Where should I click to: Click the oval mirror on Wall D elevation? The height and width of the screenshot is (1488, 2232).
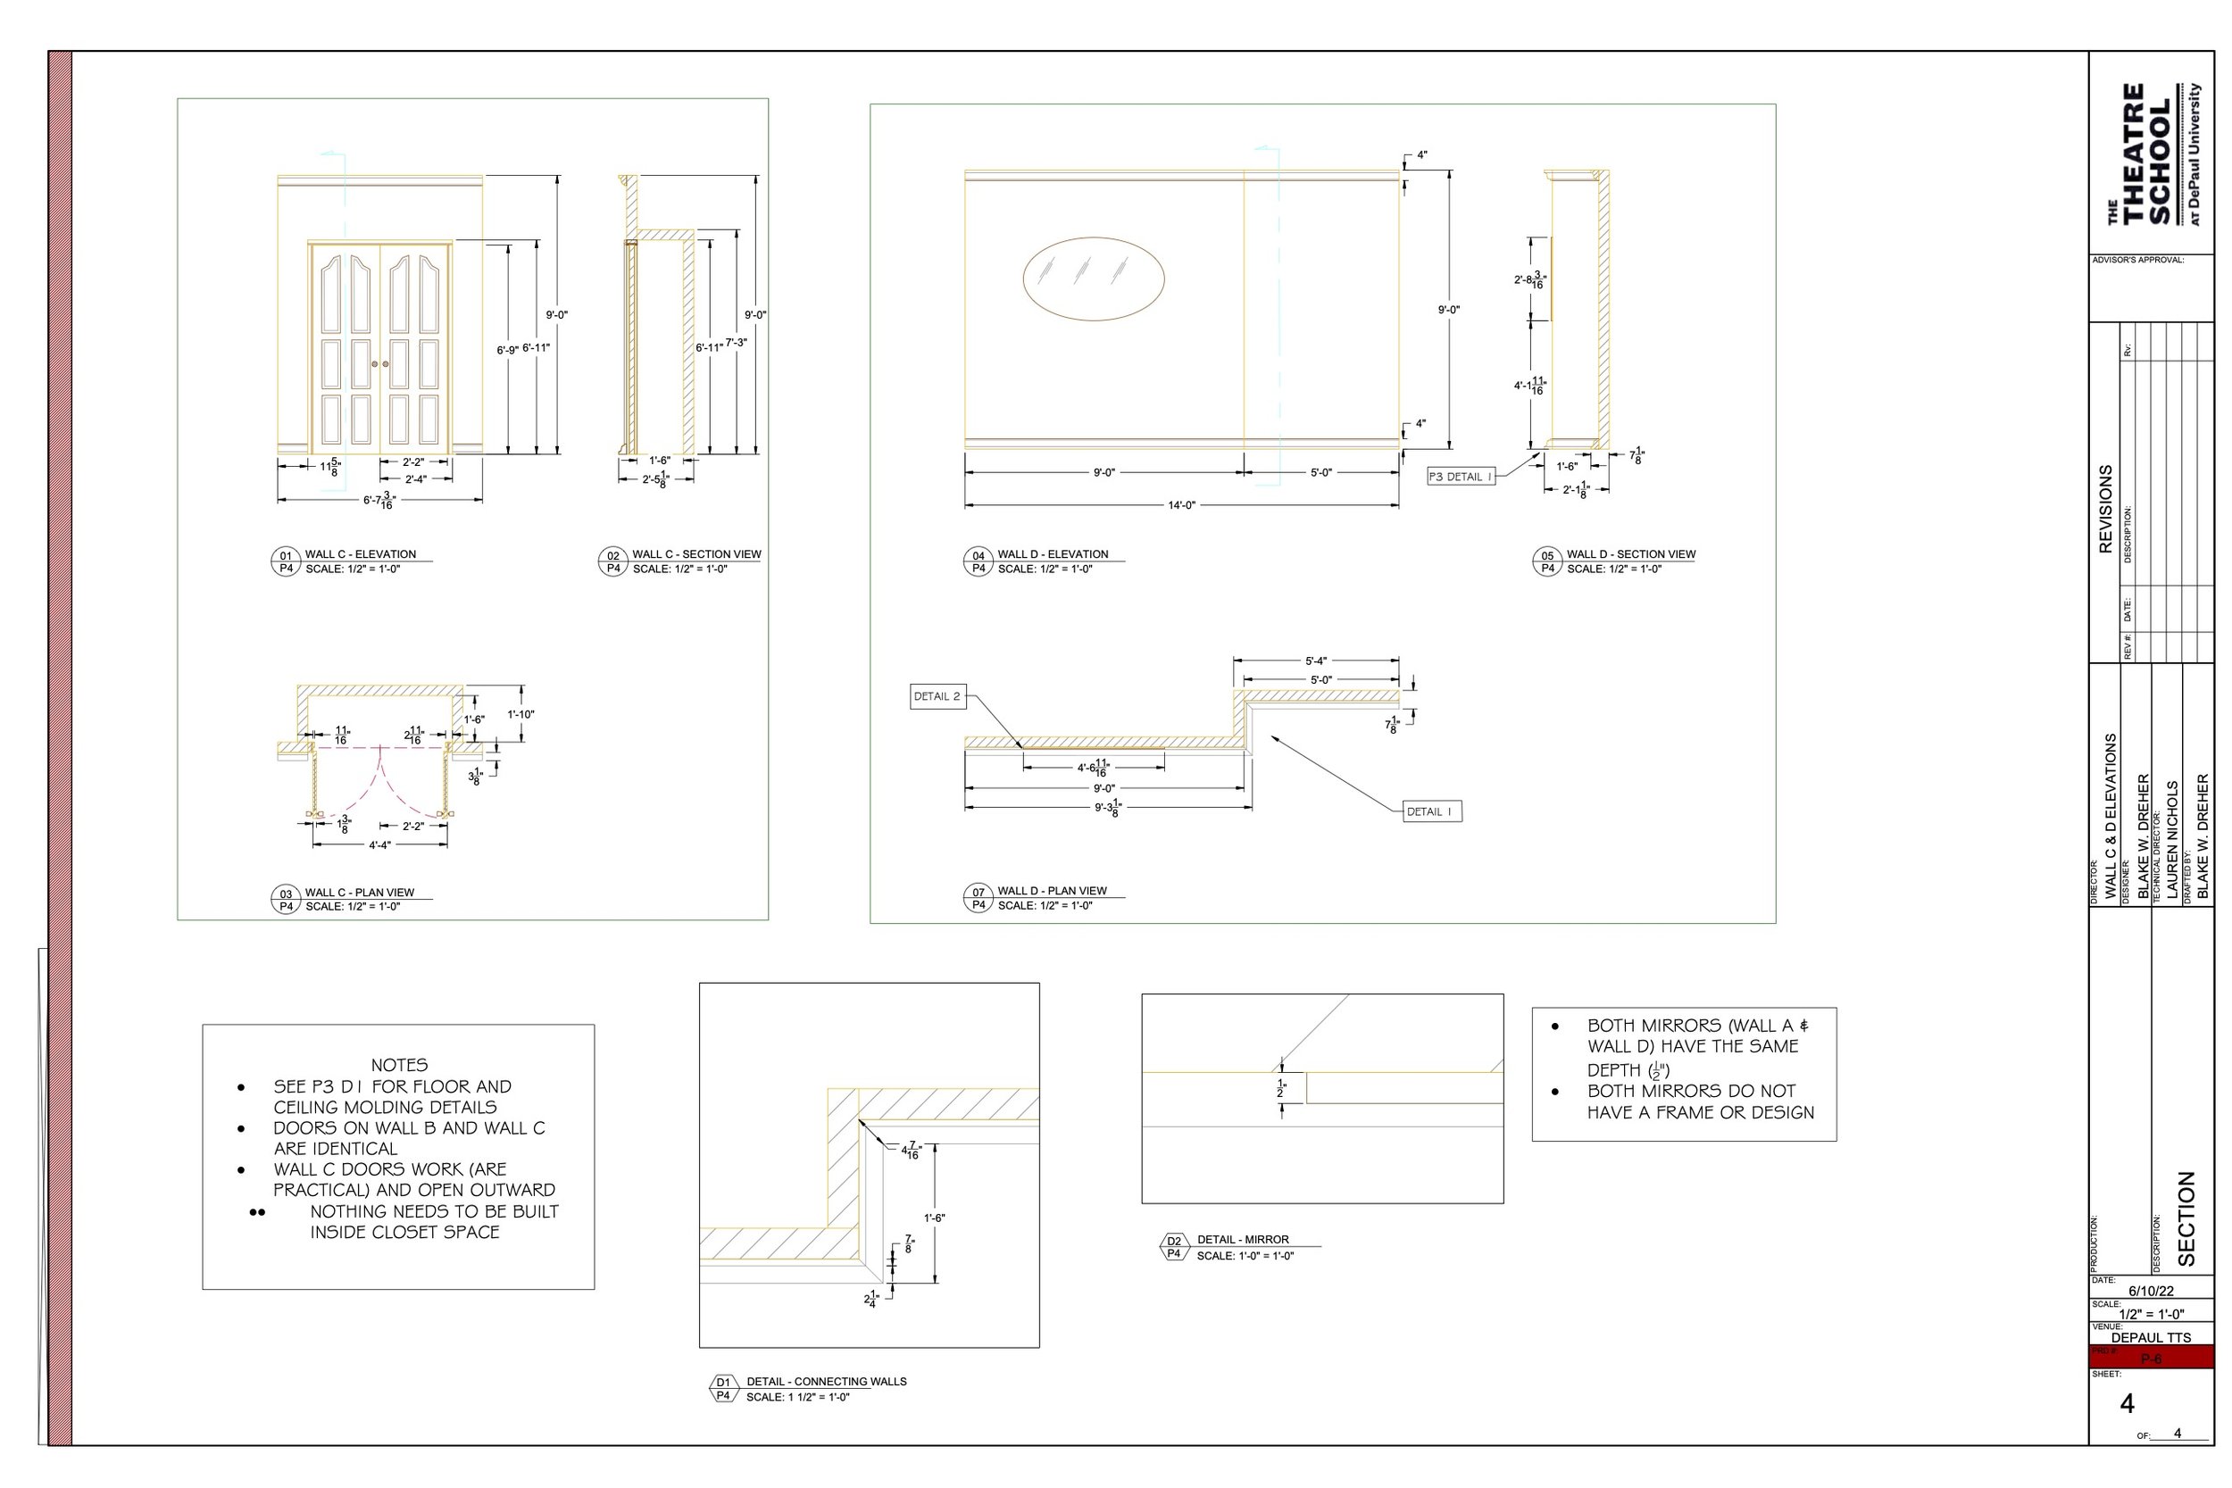(1093, 278)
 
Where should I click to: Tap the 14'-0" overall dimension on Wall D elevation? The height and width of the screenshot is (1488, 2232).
(1180, 506)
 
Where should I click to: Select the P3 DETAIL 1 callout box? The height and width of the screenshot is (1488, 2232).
(1461, 477)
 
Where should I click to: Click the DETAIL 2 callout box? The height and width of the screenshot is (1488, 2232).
(937, 696)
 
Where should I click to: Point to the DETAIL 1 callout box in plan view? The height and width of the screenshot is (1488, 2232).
(1432, 811)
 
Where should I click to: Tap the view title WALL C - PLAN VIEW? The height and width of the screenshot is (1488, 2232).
(359, 892)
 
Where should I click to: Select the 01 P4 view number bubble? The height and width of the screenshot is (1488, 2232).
(286, 561)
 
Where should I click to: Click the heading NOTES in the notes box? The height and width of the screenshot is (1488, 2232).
(398, 1065)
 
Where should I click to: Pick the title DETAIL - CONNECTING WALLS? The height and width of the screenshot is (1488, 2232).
(826, 1382)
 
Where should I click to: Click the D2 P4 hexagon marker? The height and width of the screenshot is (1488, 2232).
(1174, 1247)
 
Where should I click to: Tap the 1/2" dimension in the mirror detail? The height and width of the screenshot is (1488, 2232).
(1281, 1088)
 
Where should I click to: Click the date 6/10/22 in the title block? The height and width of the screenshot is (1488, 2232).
(2151, 1292)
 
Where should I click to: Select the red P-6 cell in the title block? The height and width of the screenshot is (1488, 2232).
(2152, 1359)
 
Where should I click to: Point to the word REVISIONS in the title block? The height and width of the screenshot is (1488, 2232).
(2105, 509)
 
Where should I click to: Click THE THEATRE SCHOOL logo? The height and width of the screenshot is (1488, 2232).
(2151, 154)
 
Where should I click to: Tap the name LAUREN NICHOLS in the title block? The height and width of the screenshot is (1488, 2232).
(2172, 840)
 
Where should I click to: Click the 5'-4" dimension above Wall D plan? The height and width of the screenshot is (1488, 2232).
(1315, 661)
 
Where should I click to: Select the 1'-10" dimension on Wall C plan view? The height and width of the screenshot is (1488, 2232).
(520, 715)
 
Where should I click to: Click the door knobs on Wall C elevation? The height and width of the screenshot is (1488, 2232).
(379, 364)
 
